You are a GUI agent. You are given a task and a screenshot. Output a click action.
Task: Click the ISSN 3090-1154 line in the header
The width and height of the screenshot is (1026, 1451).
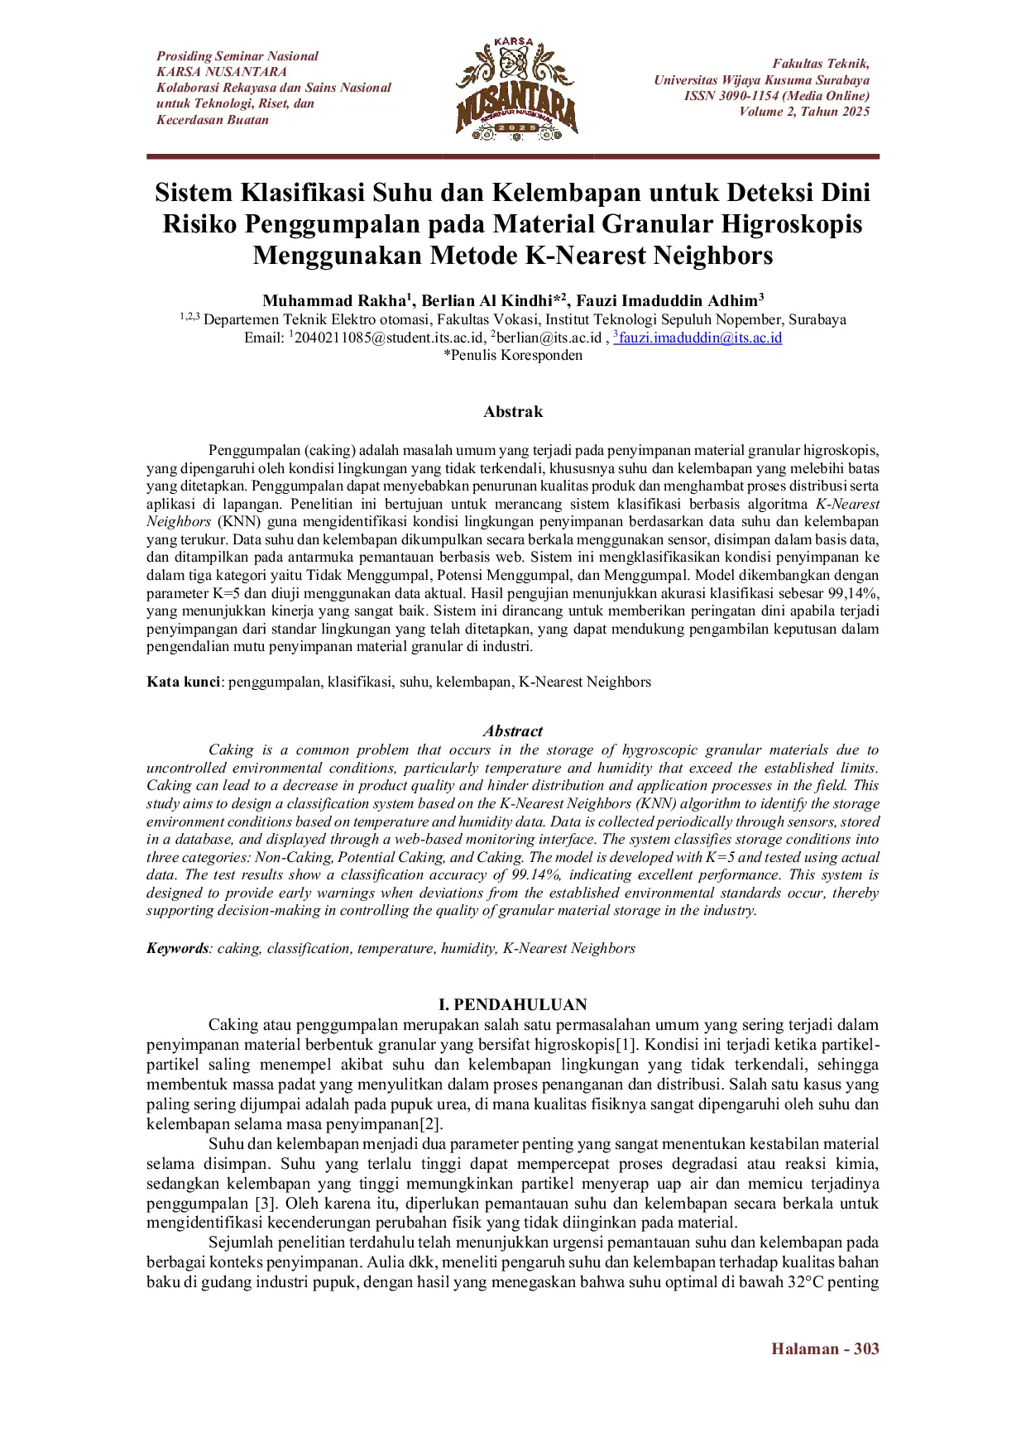coord(776,96)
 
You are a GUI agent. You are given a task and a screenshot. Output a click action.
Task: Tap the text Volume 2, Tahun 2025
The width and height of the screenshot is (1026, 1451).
coord(804,112)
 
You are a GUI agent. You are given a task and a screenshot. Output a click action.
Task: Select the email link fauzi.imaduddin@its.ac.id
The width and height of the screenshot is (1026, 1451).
coord(700,338)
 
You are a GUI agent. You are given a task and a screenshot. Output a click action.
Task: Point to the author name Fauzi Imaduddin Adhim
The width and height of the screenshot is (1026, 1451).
coord(667,300)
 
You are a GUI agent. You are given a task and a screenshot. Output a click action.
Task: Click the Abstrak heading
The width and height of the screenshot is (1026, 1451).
coord(513,412)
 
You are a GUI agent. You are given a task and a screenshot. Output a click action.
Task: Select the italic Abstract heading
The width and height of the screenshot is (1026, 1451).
coord(513,731)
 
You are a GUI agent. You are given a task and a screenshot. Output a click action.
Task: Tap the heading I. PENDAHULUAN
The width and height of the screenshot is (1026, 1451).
coord(513,1004)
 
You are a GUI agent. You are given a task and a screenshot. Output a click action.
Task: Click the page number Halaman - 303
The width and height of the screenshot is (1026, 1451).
coord(825,1348)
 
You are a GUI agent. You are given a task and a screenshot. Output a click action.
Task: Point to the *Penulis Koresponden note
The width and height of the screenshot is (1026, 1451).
coord(513,355)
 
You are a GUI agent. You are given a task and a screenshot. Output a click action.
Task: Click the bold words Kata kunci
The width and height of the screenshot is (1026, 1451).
coord(183,682)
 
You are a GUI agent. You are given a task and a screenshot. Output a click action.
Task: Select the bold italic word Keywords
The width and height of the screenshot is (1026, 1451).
coord(177,948)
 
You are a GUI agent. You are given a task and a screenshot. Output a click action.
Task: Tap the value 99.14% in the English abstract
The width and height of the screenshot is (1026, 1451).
coord(535,874)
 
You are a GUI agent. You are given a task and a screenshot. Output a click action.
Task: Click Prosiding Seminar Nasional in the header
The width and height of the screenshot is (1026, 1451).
coord(237,56)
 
